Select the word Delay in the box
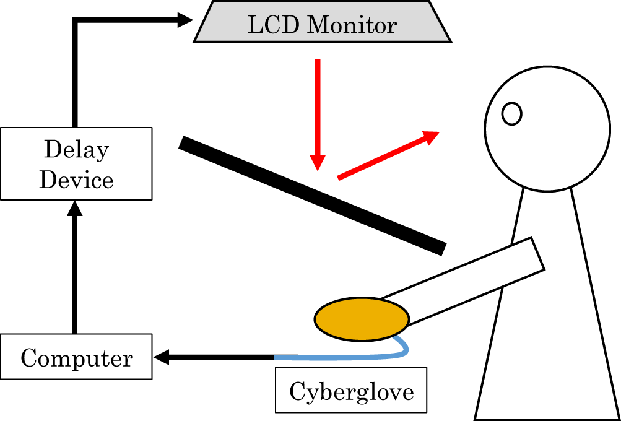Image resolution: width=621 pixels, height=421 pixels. pyautogui.click(x=76, y=150)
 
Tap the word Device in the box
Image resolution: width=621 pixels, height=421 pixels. pyautogui.click(x=76, y=180)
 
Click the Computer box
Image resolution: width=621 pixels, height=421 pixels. pyautogui.click(x=76, y=357)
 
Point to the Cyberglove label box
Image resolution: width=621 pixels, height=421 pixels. pyautogui.click(x=351, y=391)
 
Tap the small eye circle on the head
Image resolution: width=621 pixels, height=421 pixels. pyautogui.click(x=511, y=113)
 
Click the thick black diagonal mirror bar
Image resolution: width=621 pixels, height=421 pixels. pyautogui.click(x=313, y=195)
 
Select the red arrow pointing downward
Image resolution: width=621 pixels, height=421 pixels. pyautogui.click(x=318, y=115)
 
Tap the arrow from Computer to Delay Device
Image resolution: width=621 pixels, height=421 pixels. pyautogui.click(x=75, y=272)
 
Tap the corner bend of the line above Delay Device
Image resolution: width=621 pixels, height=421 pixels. pyautogui.click(x=75, y=21)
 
